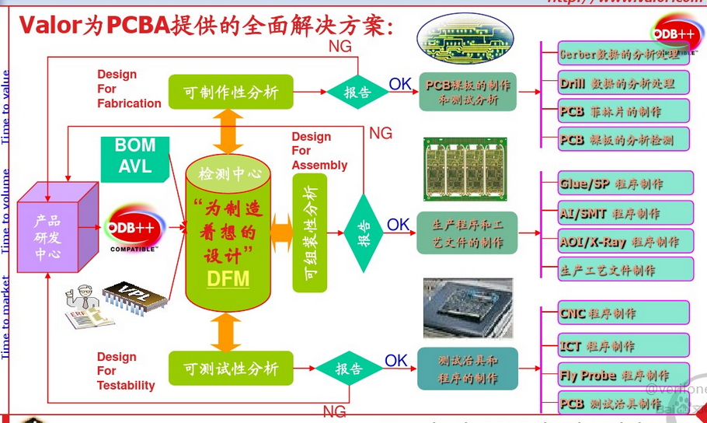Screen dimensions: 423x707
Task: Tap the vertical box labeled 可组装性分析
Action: pyautogui.click(x=309, y=232)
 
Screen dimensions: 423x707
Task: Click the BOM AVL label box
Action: pyautogui.click(x=135, y=156)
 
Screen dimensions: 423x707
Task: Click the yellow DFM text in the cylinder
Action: pyautogui.click(x=228, y=278)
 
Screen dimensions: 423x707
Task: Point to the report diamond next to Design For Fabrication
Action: pyautogui.click(x=357, y=93)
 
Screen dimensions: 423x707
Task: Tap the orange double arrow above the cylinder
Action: pyautogui.click(x=228, y=131)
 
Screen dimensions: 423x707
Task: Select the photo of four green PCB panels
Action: pyautogui.click(x=465, y=169)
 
